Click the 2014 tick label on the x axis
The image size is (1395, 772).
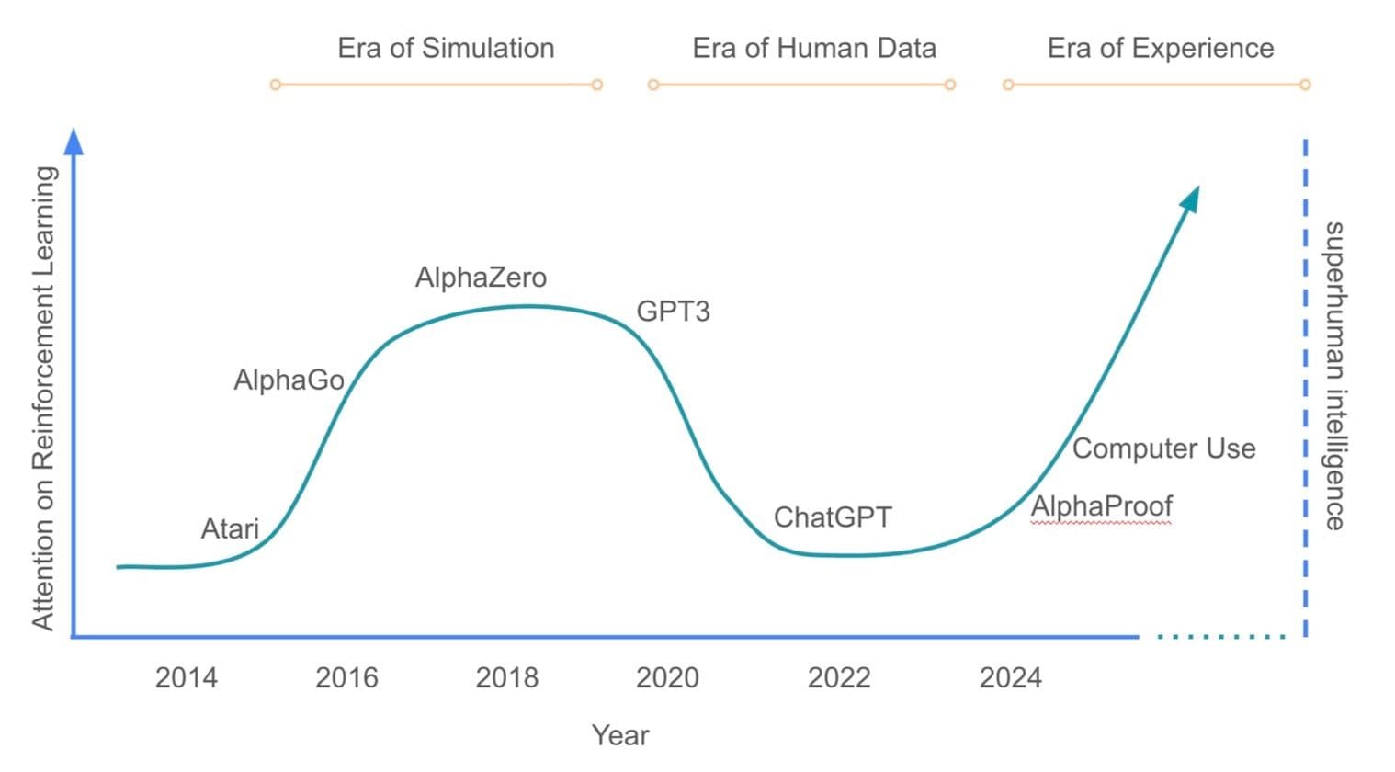click(x=186, y=678)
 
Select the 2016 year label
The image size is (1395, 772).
click(x=346, y=678)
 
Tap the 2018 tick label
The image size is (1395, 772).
click(x=506, y=678)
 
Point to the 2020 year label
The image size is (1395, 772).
click(x=667, y=678)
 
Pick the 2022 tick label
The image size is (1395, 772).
click(x=838, y=678)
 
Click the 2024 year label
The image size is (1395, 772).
click(x=1010, y=678)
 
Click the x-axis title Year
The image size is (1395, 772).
click(x=620, y=735)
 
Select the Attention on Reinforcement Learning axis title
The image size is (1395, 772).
click(x=43, y=397)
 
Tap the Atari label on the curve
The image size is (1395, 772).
click(x=230, y=529)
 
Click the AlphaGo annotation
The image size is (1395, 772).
click(x=289, y=380)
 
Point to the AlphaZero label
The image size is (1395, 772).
click(x=481, y=278)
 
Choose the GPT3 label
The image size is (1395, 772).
click(x=673, y=312)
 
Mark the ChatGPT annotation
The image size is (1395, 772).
click(x=833, y=517)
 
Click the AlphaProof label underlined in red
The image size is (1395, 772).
click(x=1101, y=506)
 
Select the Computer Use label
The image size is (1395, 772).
click(x=1163, y=448)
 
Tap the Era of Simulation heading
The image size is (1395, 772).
click(x=446, y=48)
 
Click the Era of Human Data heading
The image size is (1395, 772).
click(x=814, y=48)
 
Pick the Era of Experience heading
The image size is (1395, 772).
click(x=1161, y=48)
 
